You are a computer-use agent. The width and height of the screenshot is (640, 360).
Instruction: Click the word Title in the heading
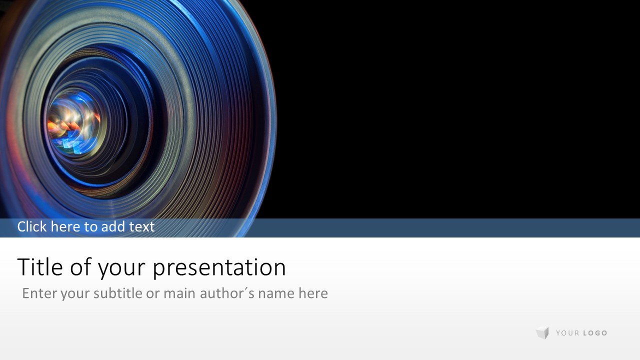[x=40, y=266]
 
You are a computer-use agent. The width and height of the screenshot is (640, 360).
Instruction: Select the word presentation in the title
[x=219, y=268]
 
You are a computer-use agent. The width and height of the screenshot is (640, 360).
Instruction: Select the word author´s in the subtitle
[x=227, y=293]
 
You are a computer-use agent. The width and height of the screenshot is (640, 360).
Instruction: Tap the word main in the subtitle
[x=179, y=293]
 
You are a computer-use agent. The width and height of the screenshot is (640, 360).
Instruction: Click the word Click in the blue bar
[x=32, y=226]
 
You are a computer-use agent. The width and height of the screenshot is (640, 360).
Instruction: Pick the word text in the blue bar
[x=141, y=227]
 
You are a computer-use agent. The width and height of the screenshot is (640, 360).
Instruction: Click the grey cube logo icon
[x=542, y=333]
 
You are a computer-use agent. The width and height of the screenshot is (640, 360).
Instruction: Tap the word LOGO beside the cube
[x=595, y=333]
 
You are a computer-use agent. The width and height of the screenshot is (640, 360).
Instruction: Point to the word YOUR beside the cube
[x=567, y=333]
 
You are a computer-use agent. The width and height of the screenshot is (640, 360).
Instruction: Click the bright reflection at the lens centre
[x=73, y=123]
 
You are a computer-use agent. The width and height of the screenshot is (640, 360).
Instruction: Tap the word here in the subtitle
[x=313, y=293]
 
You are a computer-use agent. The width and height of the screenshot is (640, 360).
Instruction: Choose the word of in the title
[x=80, y=266]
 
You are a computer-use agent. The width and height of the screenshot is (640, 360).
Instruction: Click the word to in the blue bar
[x=91, y=227]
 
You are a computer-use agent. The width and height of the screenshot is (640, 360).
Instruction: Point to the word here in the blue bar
[x=66, y=226]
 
